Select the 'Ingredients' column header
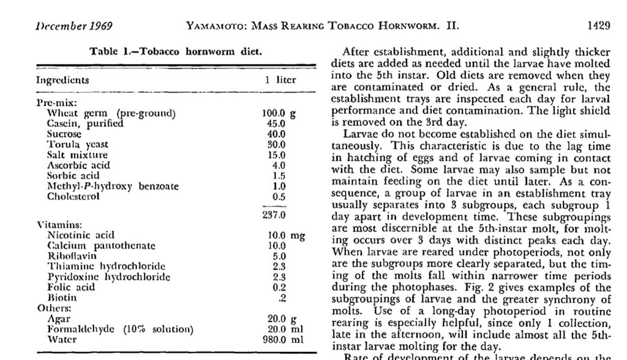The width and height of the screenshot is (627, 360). click(x=62, y=80)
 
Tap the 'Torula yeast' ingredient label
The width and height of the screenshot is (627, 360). click(x=78, y=144)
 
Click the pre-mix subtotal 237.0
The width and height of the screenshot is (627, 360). click(x=273, y=215)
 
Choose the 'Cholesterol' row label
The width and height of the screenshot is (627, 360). click(x=73, y=197)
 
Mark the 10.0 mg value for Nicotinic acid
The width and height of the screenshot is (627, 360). click(x=286, y=235)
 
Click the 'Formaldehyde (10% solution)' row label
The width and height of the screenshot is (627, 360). click(x=120, y=329)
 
